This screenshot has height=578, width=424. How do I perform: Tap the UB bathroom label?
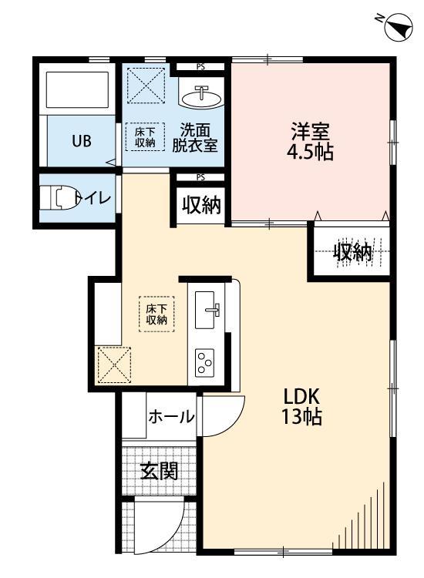(82, 141)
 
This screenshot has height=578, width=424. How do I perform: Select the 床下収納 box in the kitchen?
(156, 314)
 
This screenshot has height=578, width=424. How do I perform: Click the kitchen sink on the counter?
(208, 311)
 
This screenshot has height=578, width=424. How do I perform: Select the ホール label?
(170, 417)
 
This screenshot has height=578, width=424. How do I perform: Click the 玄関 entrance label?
(159, 471)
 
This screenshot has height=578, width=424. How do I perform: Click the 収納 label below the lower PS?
(201, 206)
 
